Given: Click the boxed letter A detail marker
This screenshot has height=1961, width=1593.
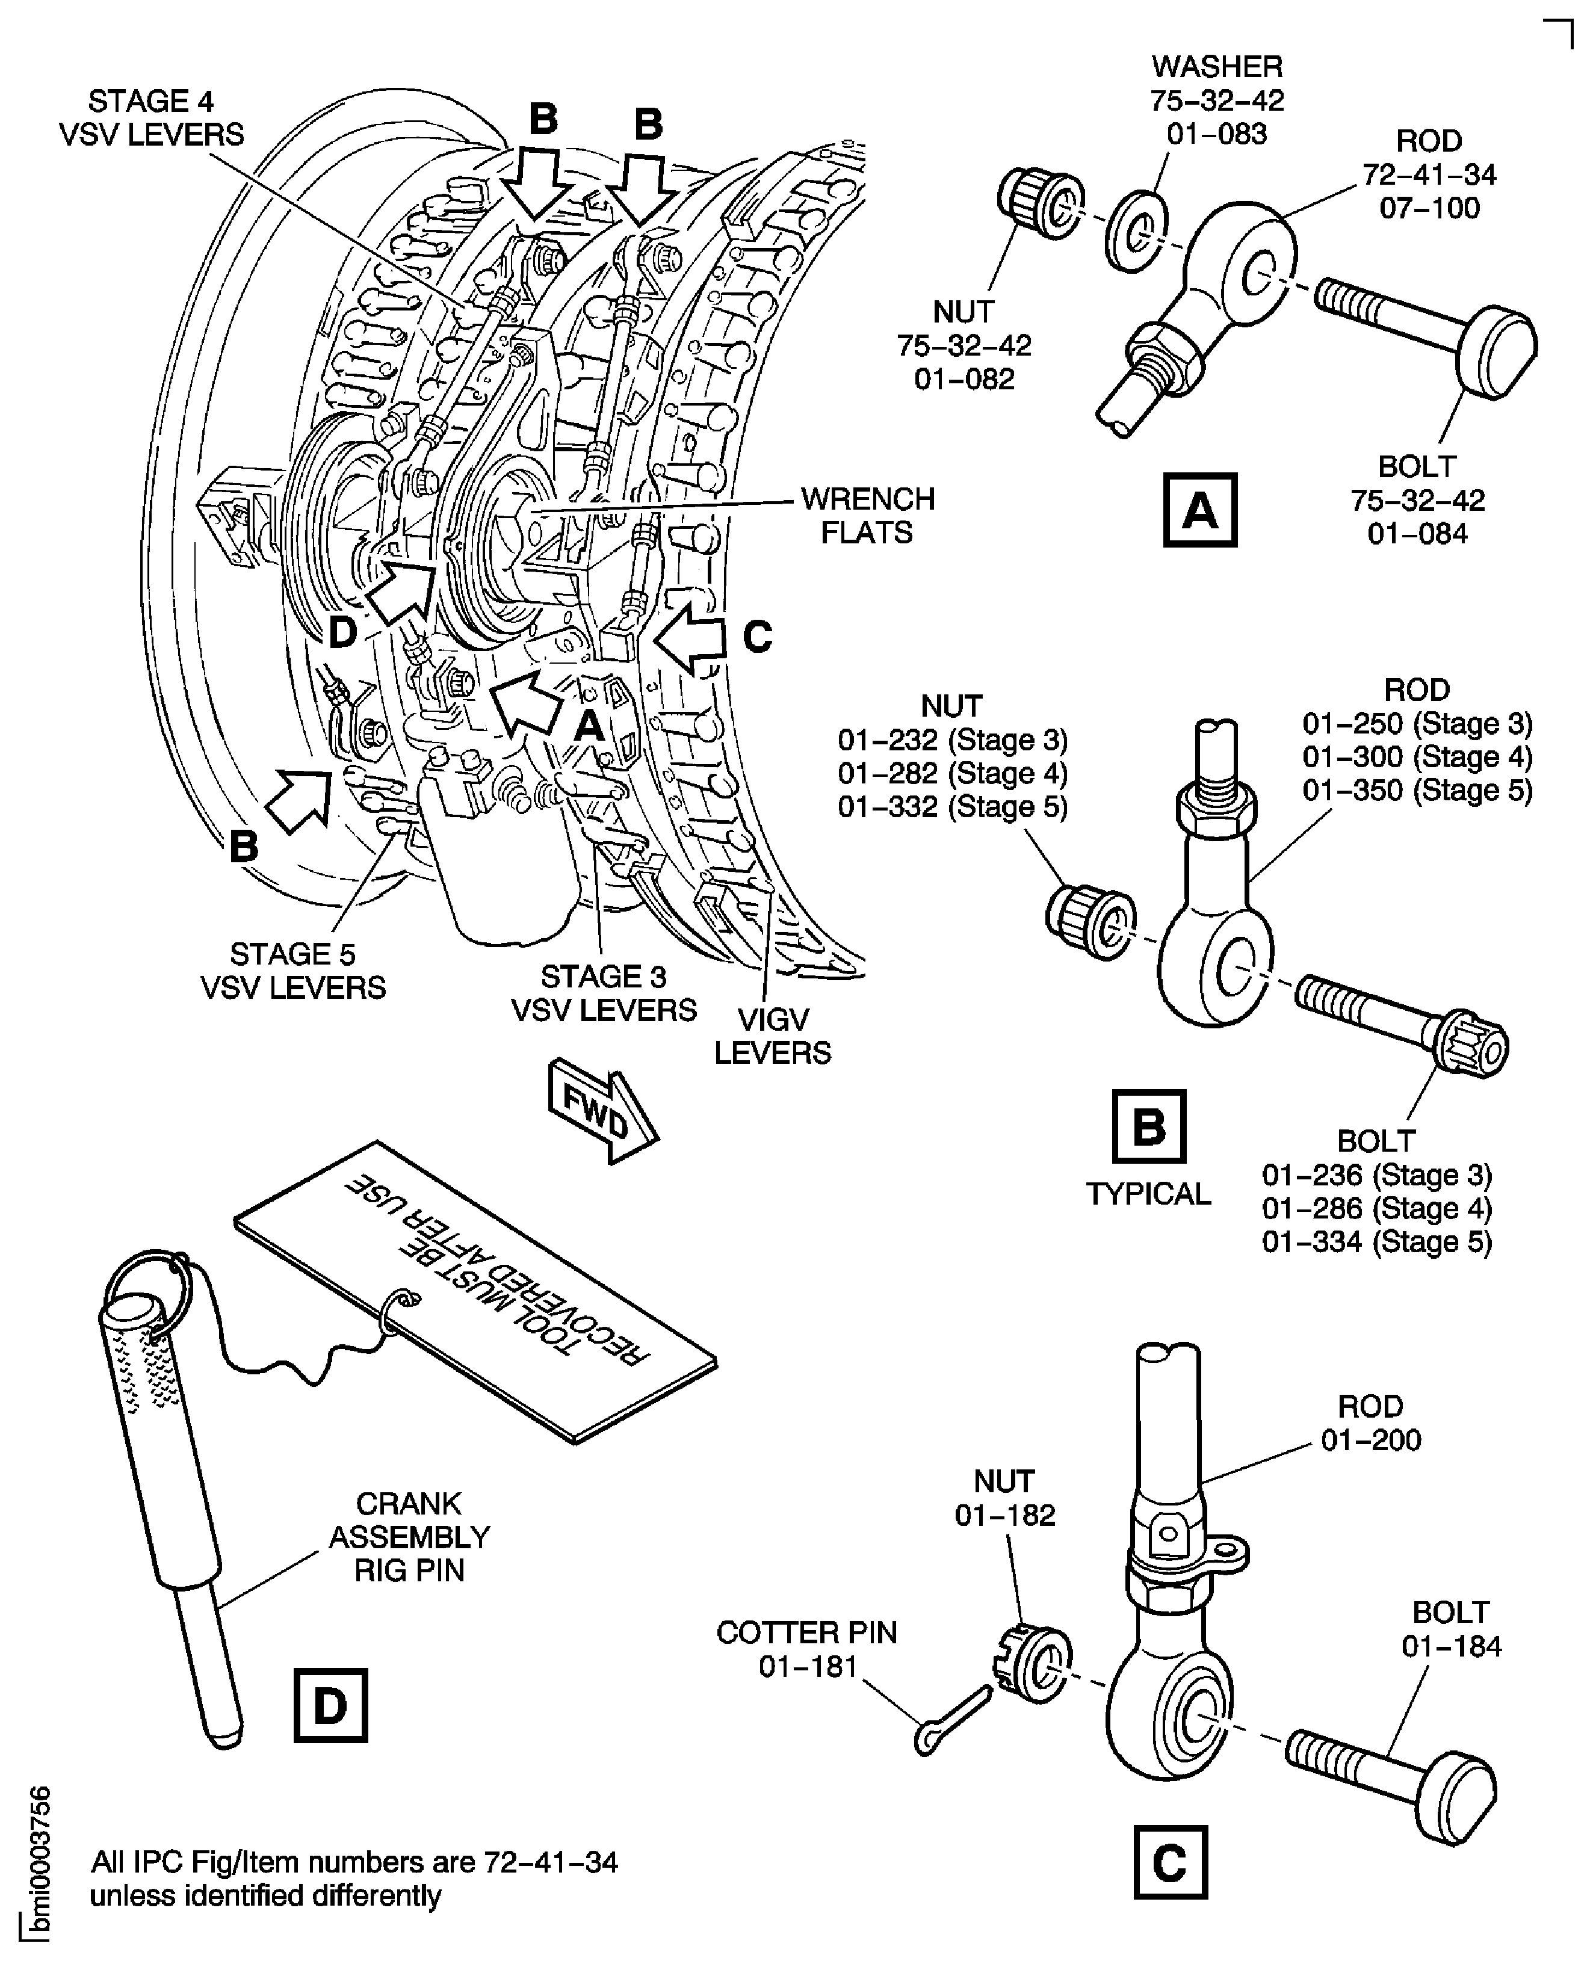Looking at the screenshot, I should click(1199, 510).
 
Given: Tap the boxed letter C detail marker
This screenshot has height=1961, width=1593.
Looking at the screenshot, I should click(1170, 1862).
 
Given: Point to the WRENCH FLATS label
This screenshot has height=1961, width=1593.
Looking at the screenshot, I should click(867, 515).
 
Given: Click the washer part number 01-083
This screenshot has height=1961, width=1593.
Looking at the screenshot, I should click(1217, 134).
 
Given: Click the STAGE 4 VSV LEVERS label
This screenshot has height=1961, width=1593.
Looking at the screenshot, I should click(152, 117).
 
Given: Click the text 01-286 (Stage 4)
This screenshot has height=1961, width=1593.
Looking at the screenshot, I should click(1376, 1208).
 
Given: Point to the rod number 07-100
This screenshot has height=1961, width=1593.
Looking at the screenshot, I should click(1429, 208).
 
